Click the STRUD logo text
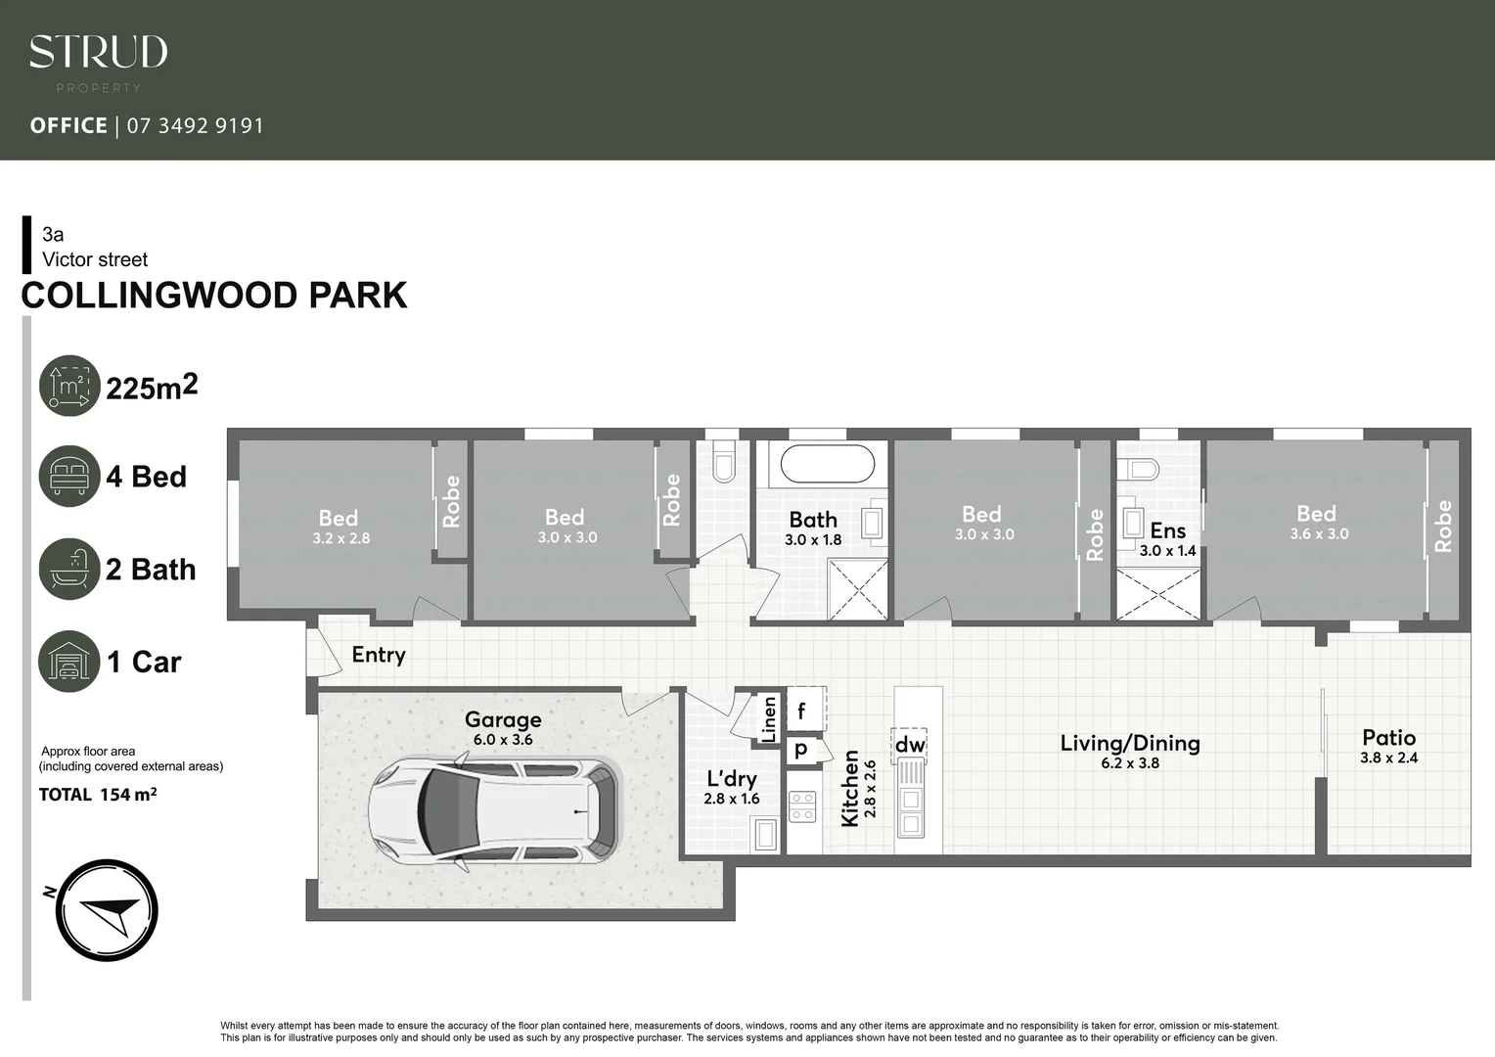pyautogui.click(x=98, y=53)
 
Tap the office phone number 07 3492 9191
pyautogui.click(x=195, y=125)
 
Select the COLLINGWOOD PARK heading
pyautogui.click(x=214, y=296)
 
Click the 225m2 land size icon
pyautogui.click(x=69, y=386)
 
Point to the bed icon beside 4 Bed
pyautogui.click(x=69, y=477)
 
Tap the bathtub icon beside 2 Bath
pyautogui.click(x=69, y=569)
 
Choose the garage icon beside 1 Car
pyautogui.click(x=69, y=662)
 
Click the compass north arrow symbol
pyautogui.click(x=107, y=910)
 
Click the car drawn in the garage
pyautogui.click(x=494, y=811)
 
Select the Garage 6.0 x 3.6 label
pyautogui.click(x=503, y=728)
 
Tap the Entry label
pyautogui.click(x=379, y=655)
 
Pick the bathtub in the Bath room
pyautogui.click(x=828, y=465)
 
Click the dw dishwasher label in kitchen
pyautogui.click(x=910, y=745)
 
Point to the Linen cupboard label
pyautogui.click(x=769, y=717)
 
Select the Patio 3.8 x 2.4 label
pyautogui.click(x=1388, y=746)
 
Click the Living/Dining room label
pyautogui.click(x=1130, y=751)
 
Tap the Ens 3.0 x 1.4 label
pyautogui.click(x=1167, y=539)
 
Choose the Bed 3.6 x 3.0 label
pyautogui.click(x=1317, y=522)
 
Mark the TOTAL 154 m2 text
pyautogui.click(x=98, y=795)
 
